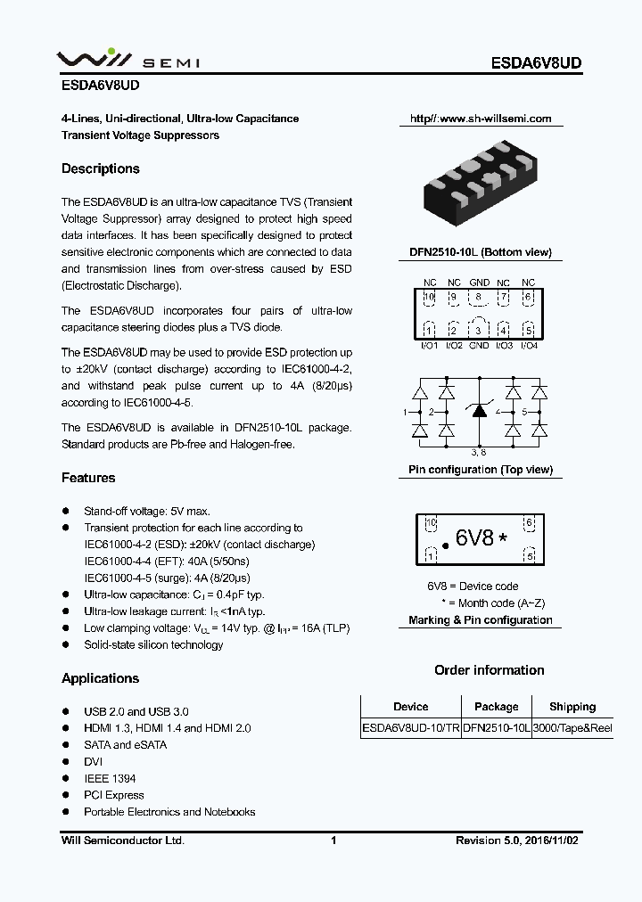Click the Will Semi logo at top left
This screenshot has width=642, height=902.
(128, 61)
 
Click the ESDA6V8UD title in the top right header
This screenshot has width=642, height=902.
(537, 63)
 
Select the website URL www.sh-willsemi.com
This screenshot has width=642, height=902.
(481, 119)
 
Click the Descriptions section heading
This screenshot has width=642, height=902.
(101, 168)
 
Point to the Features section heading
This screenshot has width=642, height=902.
(88, 478)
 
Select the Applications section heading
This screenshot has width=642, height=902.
(100, 678)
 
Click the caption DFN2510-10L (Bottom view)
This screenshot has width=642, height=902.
(480, 252)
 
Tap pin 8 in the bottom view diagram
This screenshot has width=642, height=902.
(479, 298)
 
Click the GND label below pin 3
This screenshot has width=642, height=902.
(479, 345)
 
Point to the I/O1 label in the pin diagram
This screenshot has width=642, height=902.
(429, 345)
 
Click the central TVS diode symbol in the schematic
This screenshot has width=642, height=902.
(479, 411)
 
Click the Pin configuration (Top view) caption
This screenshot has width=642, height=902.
(480, 470)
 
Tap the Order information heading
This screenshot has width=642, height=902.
(489, 670)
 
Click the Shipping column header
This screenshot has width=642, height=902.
(572, 707)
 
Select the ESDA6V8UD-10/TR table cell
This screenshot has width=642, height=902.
(411, 728)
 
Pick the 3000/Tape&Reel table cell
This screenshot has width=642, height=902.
(572, 728)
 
